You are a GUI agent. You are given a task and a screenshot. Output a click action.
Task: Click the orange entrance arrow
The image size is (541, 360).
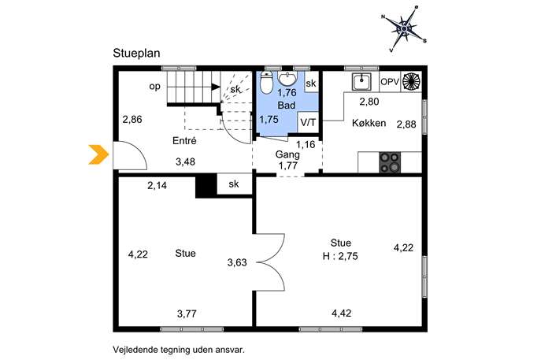click(x=99, y=154)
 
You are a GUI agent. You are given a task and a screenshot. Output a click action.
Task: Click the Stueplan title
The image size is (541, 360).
click(x=136, y=54)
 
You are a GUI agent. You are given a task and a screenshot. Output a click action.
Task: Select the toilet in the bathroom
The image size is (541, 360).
click(x=266, y=82)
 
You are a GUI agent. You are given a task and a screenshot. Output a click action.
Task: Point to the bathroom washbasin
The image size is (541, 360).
click(x=287, y=78)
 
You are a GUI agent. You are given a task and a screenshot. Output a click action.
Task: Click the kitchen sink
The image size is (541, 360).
click(x=361, y=82)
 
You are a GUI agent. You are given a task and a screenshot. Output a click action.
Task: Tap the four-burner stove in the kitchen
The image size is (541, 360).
click(x=390, y=162)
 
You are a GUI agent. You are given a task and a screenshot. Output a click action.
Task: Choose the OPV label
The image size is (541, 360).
click(x=390, y=82)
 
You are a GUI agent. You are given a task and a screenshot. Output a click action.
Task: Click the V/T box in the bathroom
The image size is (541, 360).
click(x=308, y=122)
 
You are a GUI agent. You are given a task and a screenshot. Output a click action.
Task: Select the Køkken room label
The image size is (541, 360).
click(x=369, y=123)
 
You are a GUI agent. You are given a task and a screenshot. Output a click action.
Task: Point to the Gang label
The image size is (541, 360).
click(x=287, y=154)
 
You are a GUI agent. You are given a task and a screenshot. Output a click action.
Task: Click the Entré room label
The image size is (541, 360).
click(x=184, y=141)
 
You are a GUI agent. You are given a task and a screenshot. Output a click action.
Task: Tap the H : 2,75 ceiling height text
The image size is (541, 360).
click(x=340, y=257)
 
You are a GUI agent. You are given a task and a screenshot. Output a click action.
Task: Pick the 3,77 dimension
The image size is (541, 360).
click(x=187, y=314)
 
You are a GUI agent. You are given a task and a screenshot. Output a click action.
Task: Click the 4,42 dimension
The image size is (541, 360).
click(x=341, y=314)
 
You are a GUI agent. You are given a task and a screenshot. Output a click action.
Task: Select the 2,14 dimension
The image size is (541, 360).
click(x=157, y=186)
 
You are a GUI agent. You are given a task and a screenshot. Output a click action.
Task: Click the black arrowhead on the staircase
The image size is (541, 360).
click(x=216, y=87)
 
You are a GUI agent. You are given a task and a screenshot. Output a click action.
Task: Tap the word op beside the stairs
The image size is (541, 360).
click(x=155, y=87)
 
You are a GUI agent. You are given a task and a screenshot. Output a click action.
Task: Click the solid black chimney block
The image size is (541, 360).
click(x=206, y=187)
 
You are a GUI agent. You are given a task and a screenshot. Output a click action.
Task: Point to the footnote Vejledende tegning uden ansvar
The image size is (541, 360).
click(x=179, y=350)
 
